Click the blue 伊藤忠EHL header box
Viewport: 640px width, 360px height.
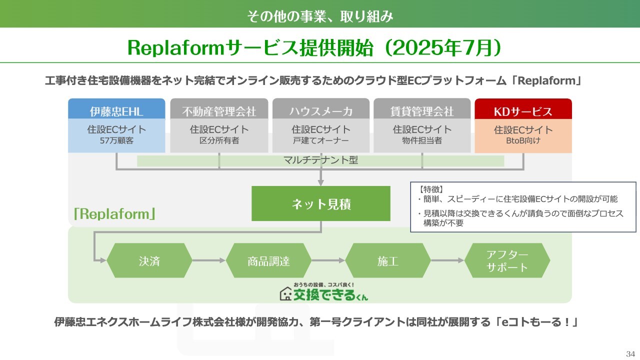click(x=116, y=109)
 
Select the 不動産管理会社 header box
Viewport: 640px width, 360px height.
click(x=219, y=109)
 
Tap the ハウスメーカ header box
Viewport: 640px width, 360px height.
click(x=321, y=109)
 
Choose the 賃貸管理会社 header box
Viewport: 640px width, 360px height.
click(x=422, y=109)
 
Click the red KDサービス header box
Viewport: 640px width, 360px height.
click(x=523, y=109)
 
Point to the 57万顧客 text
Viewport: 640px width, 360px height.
click(x=116, y=140)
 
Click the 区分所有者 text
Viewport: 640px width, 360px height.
click(x=219, y=140)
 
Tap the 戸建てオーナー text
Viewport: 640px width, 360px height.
click(x=321, y=140)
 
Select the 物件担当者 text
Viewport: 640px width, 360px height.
click(x=422, y=140)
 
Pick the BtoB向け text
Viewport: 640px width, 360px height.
click(x=523, y=140)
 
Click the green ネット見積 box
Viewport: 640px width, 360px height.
click(x=321, y=203)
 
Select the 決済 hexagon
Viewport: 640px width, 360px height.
click(x=149, y=260)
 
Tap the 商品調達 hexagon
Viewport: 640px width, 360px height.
click(x=268, y=260)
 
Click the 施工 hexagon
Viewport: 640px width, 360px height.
click(x=387, y=260)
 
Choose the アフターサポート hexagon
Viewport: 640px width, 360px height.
click(x=507, y=260)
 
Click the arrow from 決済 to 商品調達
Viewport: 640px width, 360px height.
click(x=209, y=260)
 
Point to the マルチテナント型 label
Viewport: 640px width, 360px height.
click(x=320, y=160)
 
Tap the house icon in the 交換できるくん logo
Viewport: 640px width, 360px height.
click(x=285, y=294)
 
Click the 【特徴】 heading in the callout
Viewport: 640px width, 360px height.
click(x=431, y=189)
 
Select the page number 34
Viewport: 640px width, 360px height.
click(x=630, y=353)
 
